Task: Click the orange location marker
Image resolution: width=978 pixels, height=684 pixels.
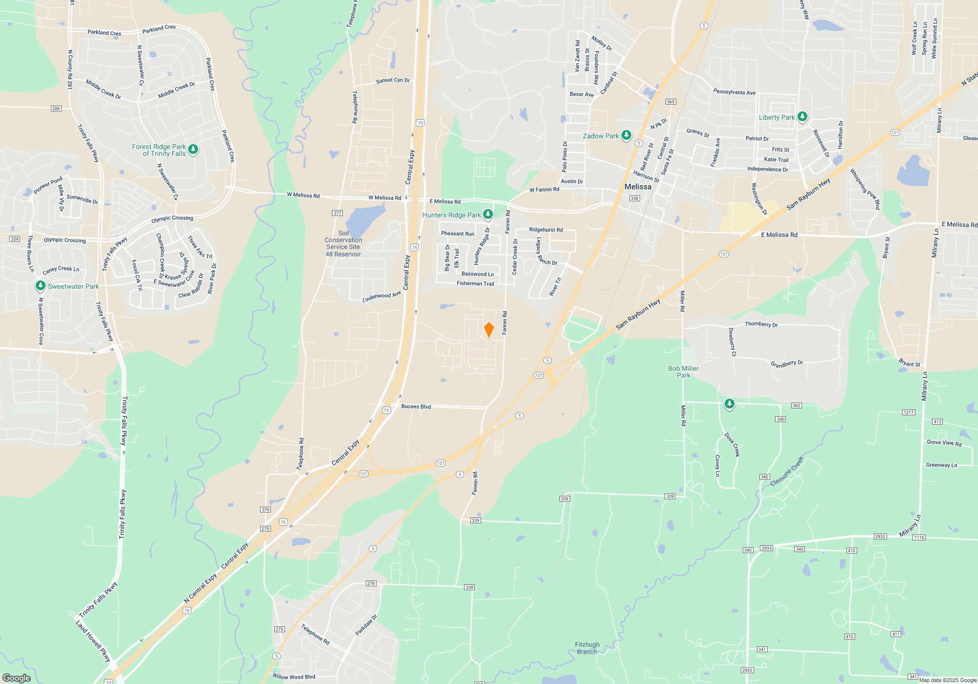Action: (489, 330)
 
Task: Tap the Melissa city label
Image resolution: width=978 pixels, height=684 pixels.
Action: (638, 187)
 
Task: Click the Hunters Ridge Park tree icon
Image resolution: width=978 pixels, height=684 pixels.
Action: (488, 214)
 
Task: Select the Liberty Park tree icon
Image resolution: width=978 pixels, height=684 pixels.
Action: (802, 117)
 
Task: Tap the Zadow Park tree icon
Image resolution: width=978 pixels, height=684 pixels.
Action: (626, 135)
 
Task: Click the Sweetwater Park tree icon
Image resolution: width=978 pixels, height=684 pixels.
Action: (41, 286)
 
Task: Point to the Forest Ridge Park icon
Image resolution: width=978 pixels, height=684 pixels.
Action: (193, 149)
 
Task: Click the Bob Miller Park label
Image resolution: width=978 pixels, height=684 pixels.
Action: (683, 372)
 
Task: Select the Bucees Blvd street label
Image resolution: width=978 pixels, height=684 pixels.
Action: (416, 406)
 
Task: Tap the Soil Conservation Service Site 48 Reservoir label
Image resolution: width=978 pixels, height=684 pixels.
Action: (343, 244)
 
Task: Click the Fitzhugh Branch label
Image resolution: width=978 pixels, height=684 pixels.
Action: (587, 648)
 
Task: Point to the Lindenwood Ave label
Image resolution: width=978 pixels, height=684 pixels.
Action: (381, 297)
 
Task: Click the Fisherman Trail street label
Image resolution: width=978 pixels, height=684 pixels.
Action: (475, 283)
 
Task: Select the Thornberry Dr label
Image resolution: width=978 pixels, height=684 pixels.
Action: (761, 324)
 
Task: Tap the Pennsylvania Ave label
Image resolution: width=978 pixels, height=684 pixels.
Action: (734, 92)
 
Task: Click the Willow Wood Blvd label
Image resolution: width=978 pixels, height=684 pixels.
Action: (293, 677)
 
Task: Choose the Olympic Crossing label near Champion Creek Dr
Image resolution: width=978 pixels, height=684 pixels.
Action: (172, 218)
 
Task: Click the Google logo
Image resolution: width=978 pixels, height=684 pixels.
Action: (16, 678)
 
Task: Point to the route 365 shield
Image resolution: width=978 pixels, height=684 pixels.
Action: (670, 102)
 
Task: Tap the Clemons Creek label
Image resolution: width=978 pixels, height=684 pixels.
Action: (786, 471)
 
